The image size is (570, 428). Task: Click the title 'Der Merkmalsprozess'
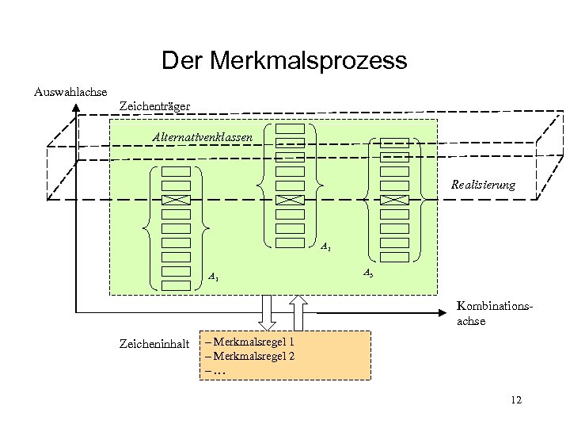pyautogui.click(x=284, y=60)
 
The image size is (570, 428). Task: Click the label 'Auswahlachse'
pyautogui.click(x=70, y=92)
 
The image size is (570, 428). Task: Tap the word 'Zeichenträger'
pyautogui.click(x=154, y=105)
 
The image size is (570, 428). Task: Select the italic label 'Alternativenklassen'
pyautogui.click(x=203, y=137)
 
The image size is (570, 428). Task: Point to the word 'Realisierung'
pyautogui.click(x=483, y=185)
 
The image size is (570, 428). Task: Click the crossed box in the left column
pyautogui.click(x=176, y=200)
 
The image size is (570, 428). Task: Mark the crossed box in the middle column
pyautogui.click(x=290, y=199)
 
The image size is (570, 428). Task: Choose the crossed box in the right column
pyautogui.click(x=393, y=199)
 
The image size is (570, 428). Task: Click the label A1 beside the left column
pyautogui.click(x=214, y=277)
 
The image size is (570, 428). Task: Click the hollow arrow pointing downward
pyautogui.click(x=267, y=312)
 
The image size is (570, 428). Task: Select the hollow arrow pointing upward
pyautogui.click(x=298, y=312)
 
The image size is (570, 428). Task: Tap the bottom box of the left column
pyautogui.click(x=176, y=285)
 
